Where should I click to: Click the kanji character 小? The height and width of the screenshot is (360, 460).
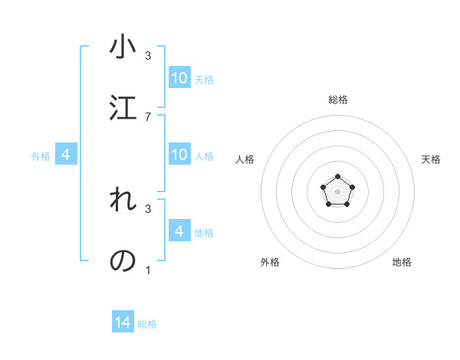click(x=123, y=48)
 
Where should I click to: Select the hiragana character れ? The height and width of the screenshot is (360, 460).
click(x=123, y=201)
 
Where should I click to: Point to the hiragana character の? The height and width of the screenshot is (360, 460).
click(x=123, y=260)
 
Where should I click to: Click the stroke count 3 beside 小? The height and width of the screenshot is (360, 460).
click(x=148, y=56)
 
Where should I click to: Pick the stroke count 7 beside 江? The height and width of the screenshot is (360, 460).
click(x=148, y=116)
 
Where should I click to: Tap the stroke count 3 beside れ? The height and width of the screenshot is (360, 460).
click(x=148, y=208)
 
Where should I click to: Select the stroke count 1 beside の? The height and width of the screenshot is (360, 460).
click(x=148, y=270)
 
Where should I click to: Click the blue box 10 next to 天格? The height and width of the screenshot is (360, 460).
click(x=179, y=78)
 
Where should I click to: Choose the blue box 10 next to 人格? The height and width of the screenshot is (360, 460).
click(x=179, y=155)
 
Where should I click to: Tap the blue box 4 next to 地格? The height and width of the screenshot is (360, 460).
click(x=179, y=231)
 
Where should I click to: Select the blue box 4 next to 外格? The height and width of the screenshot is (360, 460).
click(x=66, y=155)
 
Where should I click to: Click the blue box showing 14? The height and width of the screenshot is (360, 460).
click(x=123, y=322)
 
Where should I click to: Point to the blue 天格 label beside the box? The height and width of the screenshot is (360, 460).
click(x=204, y=80)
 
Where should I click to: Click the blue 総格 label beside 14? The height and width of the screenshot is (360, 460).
click(x=147, y=324)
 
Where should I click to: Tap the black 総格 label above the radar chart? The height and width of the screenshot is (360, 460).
click(x=338, y=100)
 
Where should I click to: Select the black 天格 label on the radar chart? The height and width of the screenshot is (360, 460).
click(x=431, y=159)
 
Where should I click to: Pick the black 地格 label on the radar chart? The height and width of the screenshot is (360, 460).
click(x=402, y=262)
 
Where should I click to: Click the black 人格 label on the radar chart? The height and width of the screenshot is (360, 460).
click(x=245, y=159)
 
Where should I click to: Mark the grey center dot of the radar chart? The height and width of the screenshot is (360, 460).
click(x=337, y=191)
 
